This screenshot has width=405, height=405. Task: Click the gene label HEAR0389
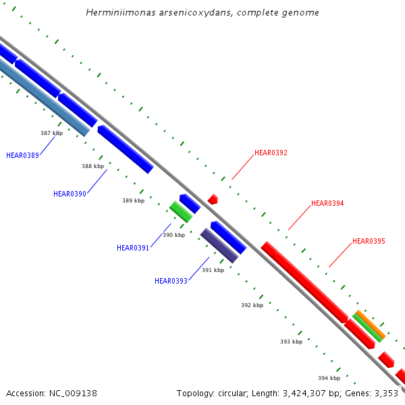22,155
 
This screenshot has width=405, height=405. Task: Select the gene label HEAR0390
70,194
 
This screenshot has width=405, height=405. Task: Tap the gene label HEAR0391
133,248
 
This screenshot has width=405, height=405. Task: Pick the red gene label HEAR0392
271,153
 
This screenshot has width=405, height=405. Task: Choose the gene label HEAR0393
171,281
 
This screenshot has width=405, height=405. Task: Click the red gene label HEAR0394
327,203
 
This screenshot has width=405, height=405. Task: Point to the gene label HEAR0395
369,241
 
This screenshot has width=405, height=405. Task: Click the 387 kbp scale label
51,133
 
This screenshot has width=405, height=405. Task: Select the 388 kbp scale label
92,166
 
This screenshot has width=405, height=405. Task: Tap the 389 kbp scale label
133,200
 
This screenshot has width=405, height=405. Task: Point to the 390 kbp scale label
173,235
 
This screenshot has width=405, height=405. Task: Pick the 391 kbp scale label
213,270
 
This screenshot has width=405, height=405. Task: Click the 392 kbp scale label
252,305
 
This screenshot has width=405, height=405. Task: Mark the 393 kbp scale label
291,342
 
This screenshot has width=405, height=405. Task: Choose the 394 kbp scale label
329,378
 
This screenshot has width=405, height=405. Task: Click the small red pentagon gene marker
213,199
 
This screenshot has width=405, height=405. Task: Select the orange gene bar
370,325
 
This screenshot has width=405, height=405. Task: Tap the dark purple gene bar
219,246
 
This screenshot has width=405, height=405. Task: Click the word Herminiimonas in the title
119,13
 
